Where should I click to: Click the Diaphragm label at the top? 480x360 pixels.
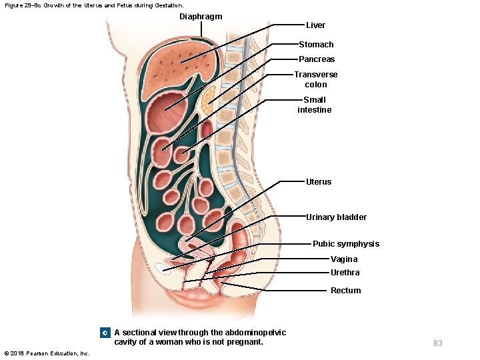(x=201, y=16)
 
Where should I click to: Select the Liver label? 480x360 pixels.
(x=315, y=25)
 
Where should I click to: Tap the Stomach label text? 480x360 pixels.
(x=316, y=45)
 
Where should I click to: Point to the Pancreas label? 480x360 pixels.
(x=317, y=59)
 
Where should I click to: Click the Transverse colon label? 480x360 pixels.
(x=316, y=79)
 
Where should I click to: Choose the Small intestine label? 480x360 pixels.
(x=315, y=105)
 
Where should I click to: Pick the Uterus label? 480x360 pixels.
(x=318, y=181)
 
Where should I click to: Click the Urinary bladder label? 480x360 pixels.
(x=336, y=217)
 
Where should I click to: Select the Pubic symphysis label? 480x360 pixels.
(x=346, y=244)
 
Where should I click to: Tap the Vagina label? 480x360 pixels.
(x=344, y=259)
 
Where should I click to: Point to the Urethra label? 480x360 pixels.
(x=345, y=273)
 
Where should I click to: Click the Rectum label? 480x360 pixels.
(x=345, y=291)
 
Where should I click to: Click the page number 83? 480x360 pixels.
(x=438, y=343)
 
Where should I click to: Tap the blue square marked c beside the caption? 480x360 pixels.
(x=105, y=333)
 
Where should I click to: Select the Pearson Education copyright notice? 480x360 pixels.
(x=47, y=353)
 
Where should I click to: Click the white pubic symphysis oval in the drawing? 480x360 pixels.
(x=162, y=268)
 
